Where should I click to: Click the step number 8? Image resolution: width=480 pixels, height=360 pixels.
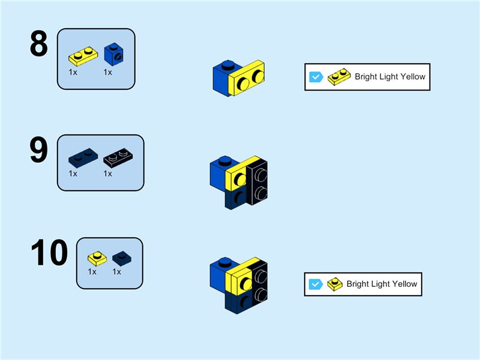click(38, 44)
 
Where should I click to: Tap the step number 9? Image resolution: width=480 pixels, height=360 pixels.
click(38, 150)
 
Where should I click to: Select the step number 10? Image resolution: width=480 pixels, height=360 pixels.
click(49, 253)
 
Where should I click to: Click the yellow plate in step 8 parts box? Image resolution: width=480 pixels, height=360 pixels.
click(83, 56)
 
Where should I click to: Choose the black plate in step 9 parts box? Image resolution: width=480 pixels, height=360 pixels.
click(119, 158)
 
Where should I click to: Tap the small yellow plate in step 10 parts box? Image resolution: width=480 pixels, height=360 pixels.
click(97, 259)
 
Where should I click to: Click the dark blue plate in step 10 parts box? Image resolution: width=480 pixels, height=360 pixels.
click(122, 259)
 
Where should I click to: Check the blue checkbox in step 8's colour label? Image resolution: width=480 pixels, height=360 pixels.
click(316, 77)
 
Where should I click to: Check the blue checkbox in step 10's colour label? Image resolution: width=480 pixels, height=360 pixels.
click(316, 284)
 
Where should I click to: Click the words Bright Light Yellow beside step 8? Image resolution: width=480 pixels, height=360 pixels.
click(389, 77)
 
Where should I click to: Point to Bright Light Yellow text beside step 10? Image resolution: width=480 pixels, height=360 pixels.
click(382, 284)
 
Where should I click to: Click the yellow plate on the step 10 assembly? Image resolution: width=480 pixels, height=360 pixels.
click(239, 282)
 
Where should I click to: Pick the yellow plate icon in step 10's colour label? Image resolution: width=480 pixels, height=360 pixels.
click(335, 284)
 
